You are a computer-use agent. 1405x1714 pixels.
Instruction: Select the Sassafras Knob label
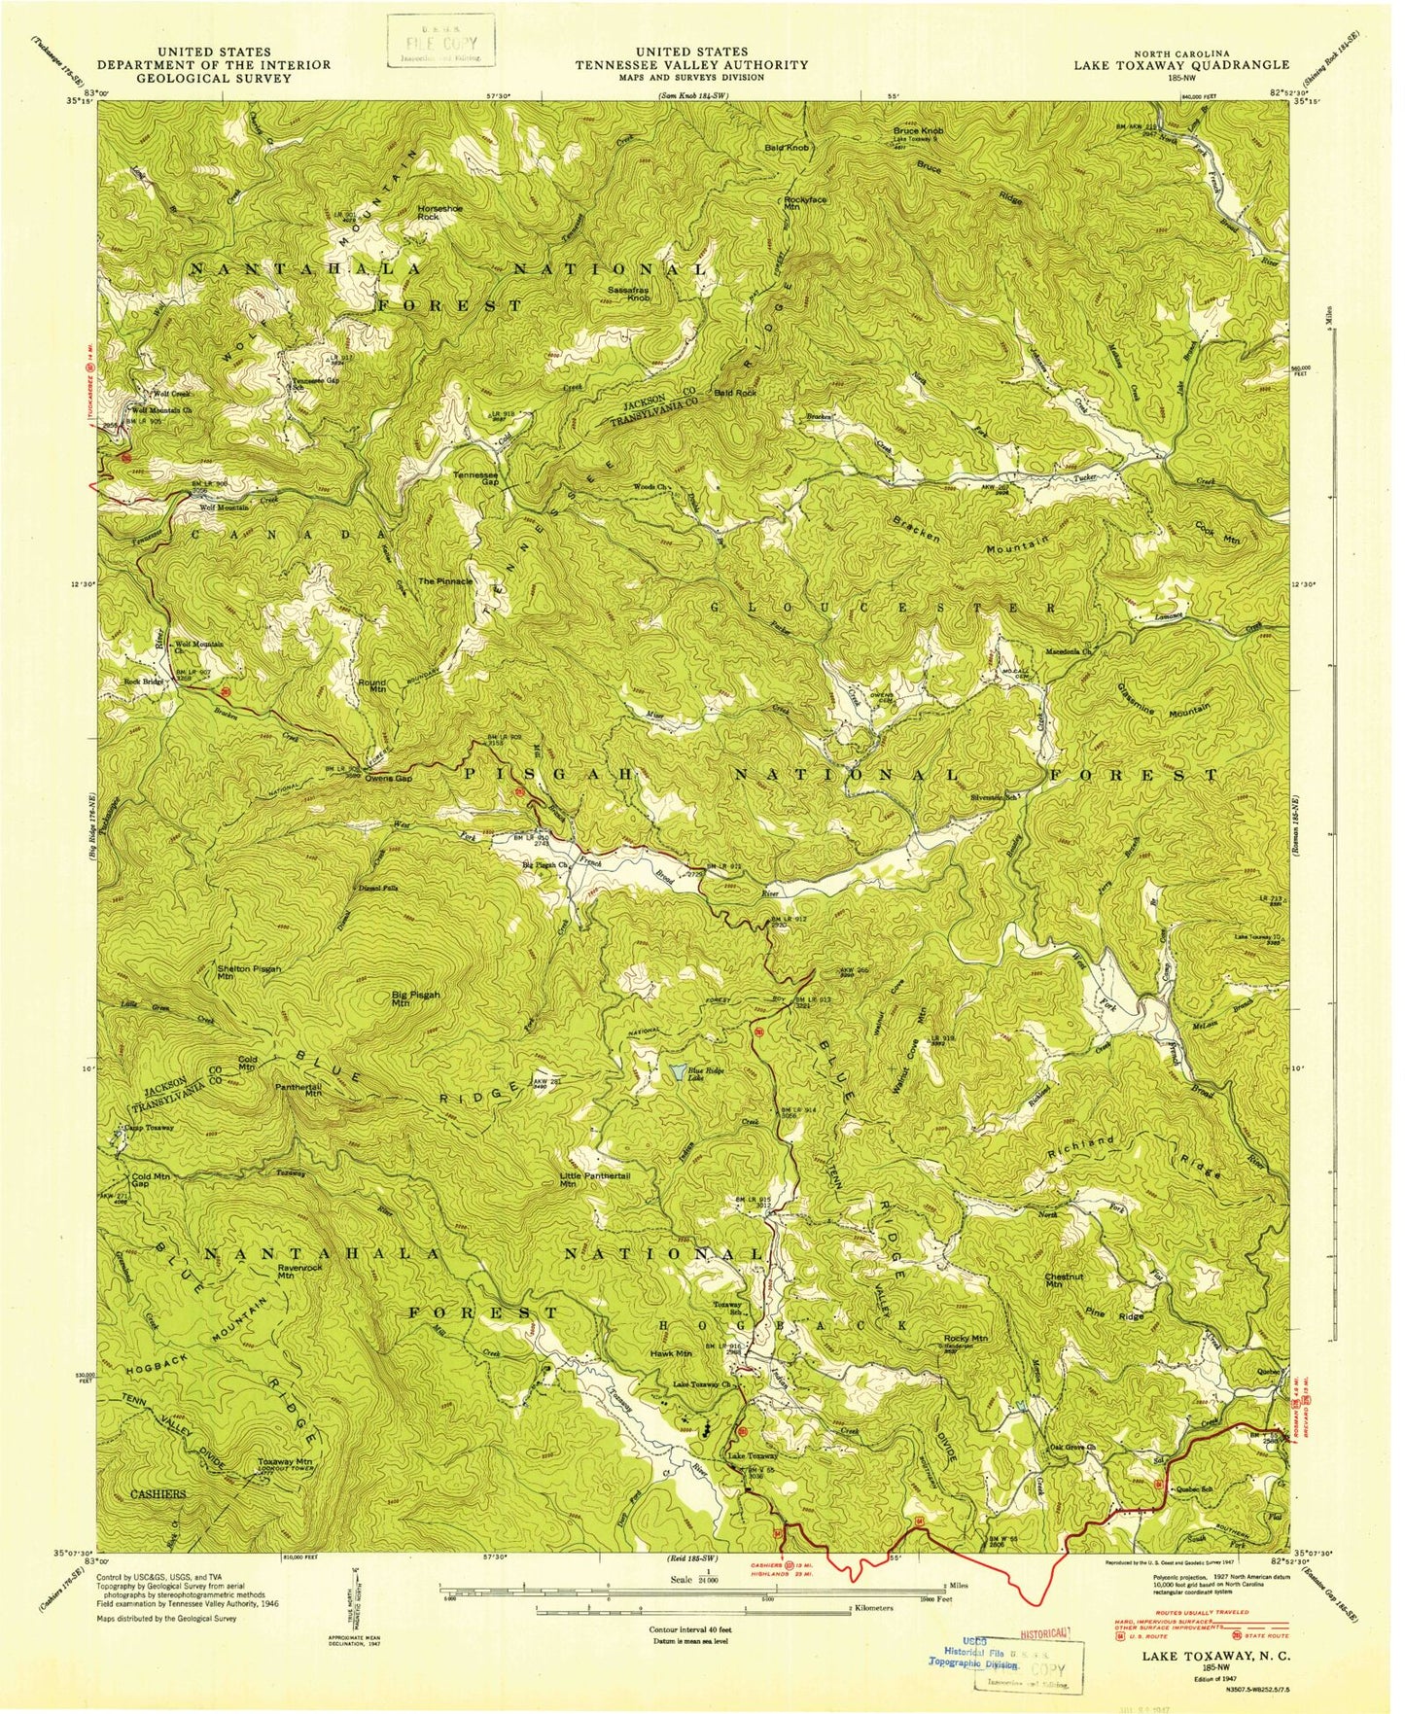[628, 294]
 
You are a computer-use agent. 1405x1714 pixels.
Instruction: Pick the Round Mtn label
[372, 685]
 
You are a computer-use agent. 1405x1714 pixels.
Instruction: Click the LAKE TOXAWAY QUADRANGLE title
[1181, 65]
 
